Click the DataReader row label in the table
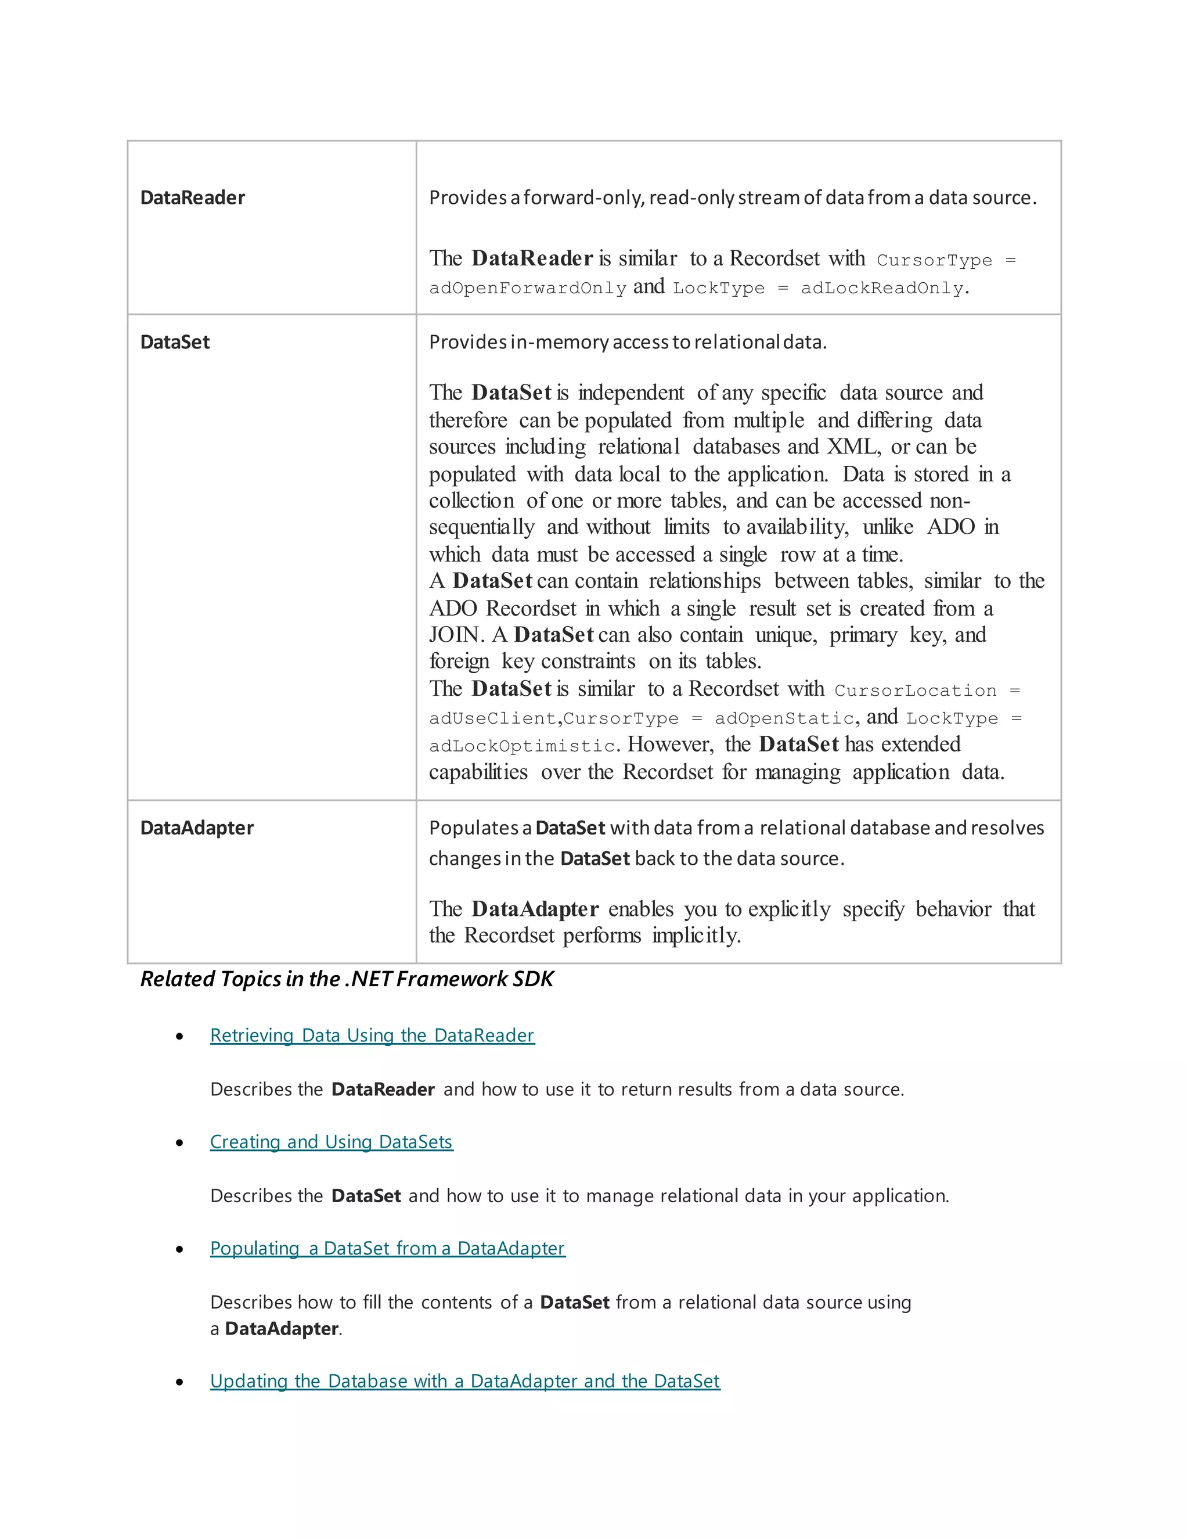192,198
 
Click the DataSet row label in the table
175,343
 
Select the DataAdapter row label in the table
197,828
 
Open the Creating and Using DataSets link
331,1142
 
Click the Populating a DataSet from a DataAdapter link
387,1248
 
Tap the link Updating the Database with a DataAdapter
465,1381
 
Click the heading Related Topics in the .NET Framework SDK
347,979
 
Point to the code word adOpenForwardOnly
528,288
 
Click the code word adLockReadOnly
882,288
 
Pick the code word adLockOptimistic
522,746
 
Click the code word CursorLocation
915,691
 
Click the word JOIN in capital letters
455,635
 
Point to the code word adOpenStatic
784,719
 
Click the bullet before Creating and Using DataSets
179,1143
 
